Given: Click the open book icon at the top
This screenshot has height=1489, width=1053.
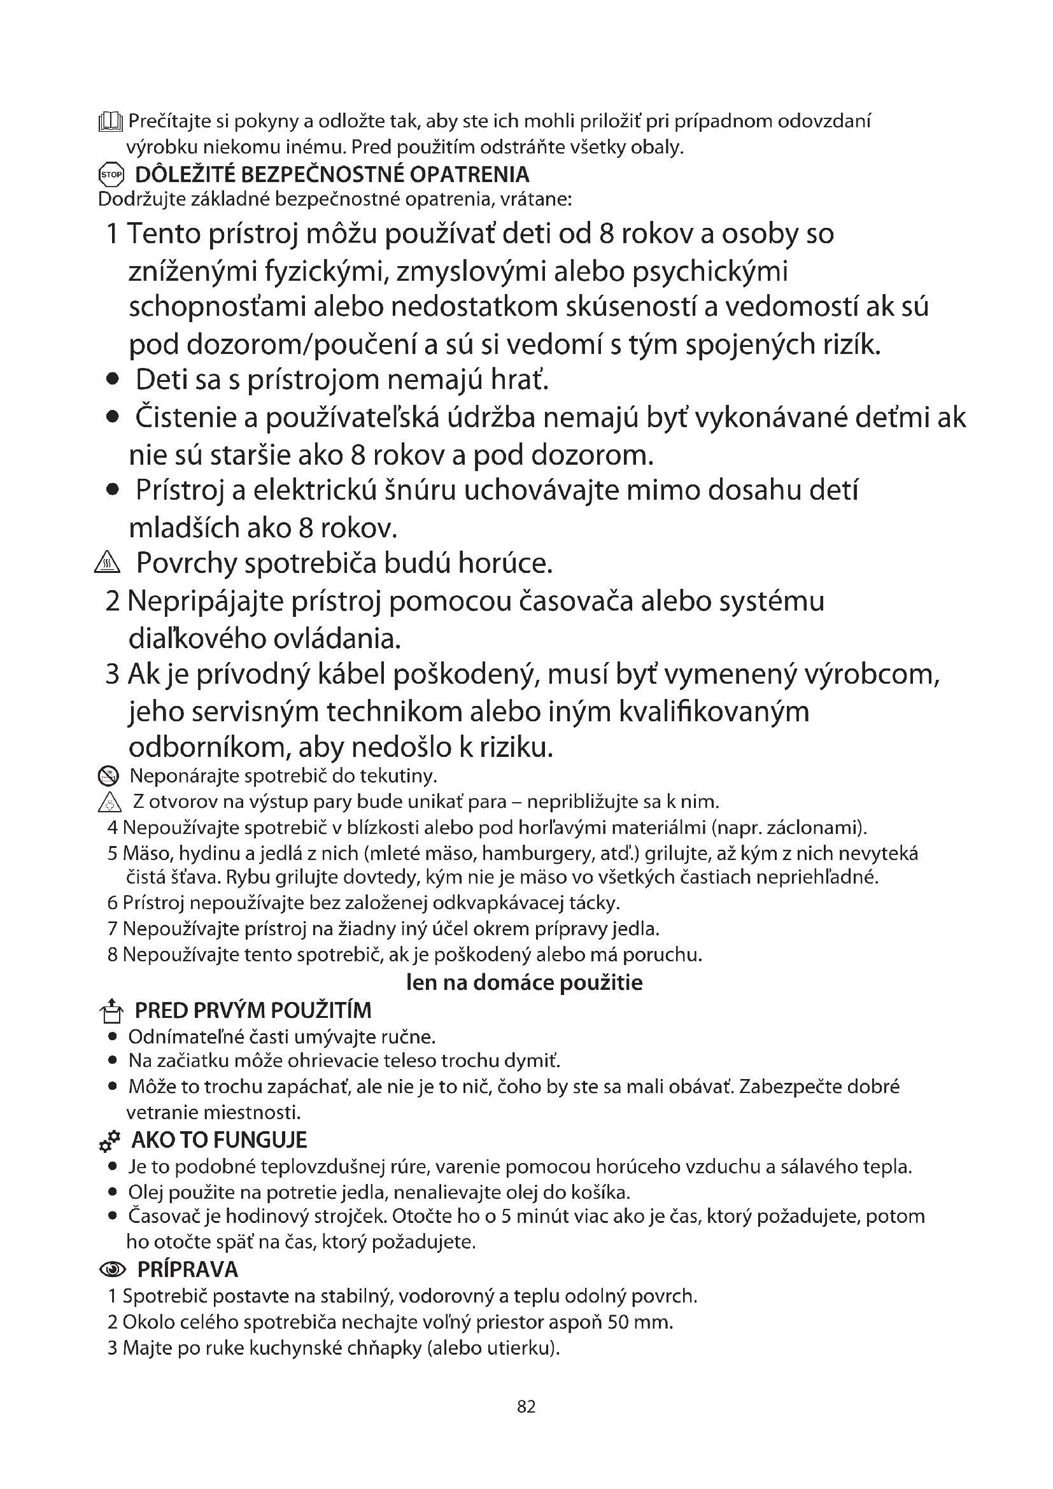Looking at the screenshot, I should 110,122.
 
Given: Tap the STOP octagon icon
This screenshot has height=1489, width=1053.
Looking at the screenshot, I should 111,175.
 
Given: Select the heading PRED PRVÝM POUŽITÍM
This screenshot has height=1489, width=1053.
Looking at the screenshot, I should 253,1010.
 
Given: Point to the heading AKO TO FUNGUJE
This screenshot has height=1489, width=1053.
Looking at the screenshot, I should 219,1140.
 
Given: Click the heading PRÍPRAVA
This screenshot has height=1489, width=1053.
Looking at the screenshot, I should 188,1269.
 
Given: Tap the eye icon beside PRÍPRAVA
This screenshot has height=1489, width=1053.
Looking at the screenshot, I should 113,1270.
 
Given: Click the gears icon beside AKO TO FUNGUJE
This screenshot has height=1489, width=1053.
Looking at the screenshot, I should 109,1141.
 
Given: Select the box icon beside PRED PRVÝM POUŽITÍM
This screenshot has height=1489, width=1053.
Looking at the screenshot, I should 111,1010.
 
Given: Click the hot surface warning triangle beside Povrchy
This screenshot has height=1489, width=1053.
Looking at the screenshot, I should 107,563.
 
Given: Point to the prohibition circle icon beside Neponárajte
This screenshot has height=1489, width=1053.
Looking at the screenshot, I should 108,775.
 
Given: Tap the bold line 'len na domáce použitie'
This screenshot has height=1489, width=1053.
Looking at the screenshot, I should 524,982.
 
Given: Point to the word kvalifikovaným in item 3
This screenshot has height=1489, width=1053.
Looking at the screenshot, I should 714,712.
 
